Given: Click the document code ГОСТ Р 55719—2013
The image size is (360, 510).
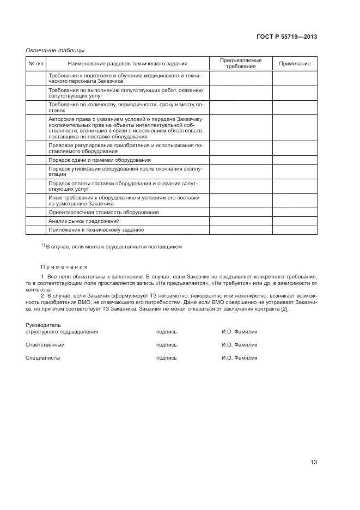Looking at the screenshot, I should [x=287, y=37].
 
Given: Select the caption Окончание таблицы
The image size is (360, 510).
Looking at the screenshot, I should [x=55, y=51].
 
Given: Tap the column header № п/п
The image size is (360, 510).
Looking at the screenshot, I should [x=35, y=64].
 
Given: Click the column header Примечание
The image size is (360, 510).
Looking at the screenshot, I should [x=295, y=64].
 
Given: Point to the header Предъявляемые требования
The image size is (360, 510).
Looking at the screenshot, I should [x=241, y=64].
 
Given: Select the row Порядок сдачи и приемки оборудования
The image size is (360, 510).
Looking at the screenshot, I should [x=99, y=160].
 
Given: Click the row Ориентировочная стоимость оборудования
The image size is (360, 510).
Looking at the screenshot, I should [x=103, y=212].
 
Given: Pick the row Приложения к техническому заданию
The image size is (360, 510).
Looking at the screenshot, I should [x=96, y=230].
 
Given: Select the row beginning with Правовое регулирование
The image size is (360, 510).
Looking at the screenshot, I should [x=125, y=148].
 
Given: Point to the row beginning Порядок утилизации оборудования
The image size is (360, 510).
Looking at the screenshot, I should [x=125, y=172].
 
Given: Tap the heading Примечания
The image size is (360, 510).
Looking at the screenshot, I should [x=64, y=267].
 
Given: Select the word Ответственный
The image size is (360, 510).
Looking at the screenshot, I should [x=45, y=344].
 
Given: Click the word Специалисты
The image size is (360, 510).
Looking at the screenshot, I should [x=43, y=358].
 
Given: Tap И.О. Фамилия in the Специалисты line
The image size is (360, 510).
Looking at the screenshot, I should [x=239, y=358].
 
